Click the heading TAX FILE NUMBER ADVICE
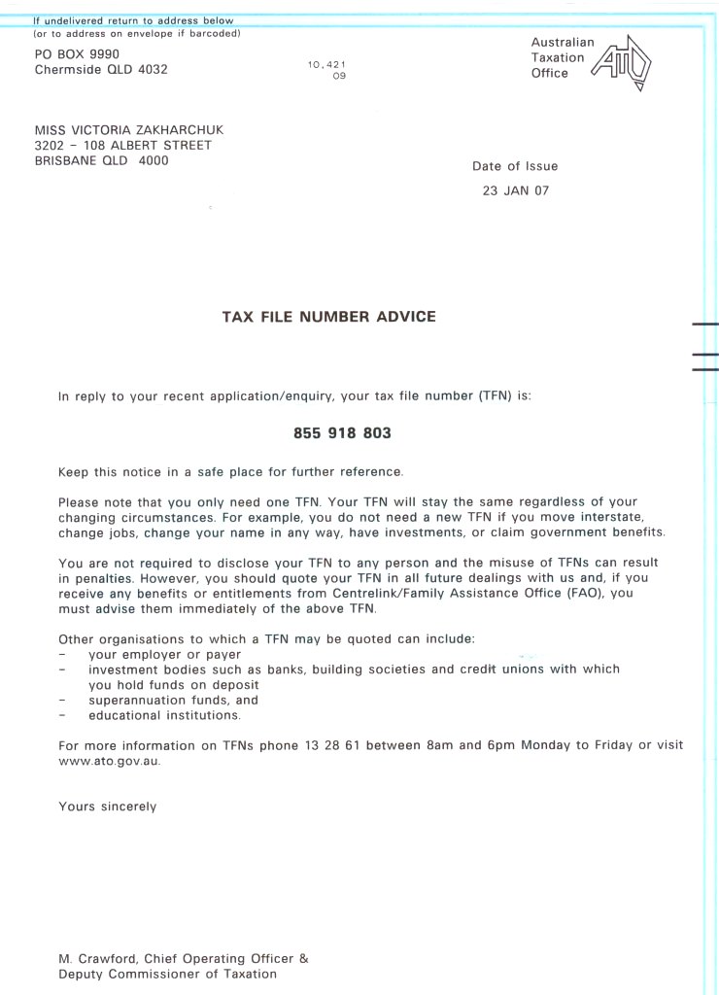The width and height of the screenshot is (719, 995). [329, 317]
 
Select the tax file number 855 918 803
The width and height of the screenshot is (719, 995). [342, 433]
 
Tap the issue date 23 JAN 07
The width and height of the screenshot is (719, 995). [515, 190]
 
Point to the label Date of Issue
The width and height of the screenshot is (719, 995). [515, 166]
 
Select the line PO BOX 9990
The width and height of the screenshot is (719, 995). [77, 54]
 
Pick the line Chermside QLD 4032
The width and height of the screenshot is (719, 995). [101, 70]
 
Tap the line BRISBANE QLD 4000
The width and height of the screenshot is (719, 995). [101, 161]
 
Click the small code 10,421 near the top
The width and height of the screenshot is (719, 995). [326, 64]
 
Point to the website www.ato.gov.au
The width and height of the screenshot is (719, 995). [109, 762]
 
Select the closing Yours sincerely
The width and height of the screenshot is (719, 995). [107, 806]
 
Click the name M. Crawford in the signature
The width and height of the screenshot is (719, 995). [93, 958]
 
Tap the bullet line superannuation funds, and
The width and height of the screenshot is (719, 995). [173, 700]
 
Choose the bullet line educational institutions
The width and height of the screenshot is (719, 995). [163, 716]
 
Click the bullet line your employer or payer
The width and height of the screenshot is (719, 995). [164, 654]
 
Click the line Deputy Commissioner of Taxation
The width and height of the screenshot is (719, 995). [167, 974]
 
